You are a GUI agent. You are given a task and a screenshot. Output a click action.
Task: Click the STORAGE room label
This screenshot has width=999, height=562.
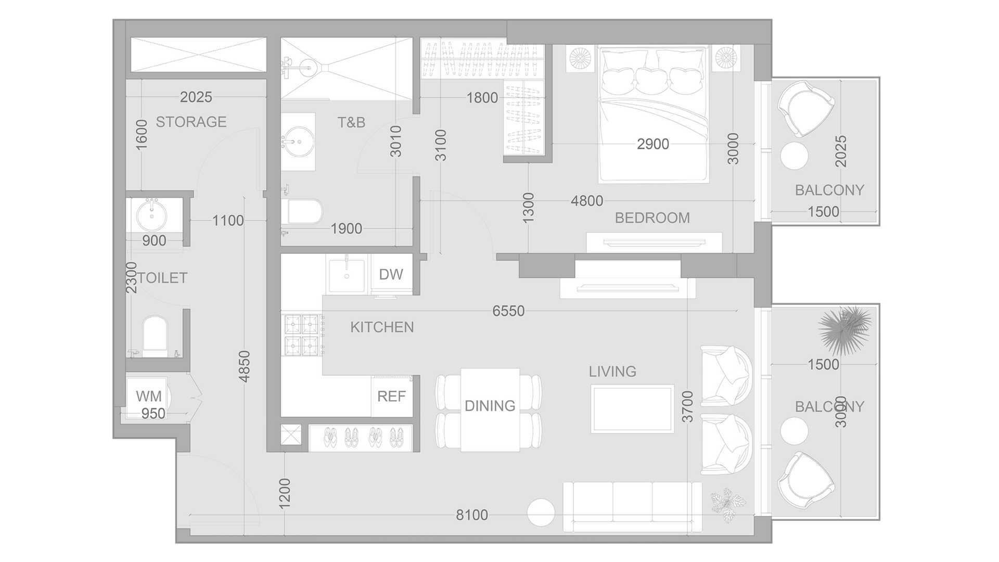[x=191, y=122]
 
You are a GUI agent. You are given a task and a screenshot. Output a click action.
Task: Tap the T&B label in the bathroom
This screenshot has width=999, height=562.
[x=351, y=122]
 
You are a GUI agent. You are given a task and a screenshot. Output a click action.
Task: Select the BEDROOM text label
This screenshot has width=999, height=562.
[x=652, y=218]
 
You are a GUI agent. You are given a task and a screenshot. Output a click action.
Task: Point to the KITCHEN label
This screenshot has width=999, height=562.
[x=382, y=327]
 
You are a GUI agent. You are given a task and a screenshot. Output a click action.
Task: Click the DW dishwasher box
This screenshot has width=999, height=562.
[x=391, y=274]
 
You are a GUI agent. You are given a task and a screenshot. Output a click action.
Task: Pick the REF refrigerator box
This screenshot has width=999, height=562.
[x=391, y=396]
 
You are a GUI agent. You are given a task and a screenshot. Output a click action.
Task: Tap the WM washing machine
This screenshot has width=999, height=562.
[x=148, y=396]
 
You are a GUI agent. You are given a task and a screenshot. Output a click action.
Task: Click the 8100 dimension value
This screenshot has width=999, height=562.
[x=472, y=515]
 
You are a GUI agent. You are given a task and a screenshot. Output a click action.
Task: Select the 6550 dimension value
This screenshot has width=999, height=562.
[x=508, y=311]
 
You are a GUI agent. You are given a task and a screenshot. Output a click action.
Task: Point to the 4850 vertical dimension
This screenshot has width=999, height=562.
[x=245, y=366]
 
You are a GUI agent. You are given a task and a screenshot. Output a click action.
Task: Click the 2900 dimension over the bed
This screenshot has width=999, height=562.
[x=653, y=144]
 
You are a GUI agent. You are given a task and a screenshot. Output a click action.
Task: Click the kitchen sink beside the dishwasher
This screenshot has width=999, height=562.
[x=347, y=274]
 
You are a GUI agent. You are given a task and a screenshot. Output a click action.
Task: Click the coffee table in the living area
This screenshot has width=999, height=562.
[x=633, y=409]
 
